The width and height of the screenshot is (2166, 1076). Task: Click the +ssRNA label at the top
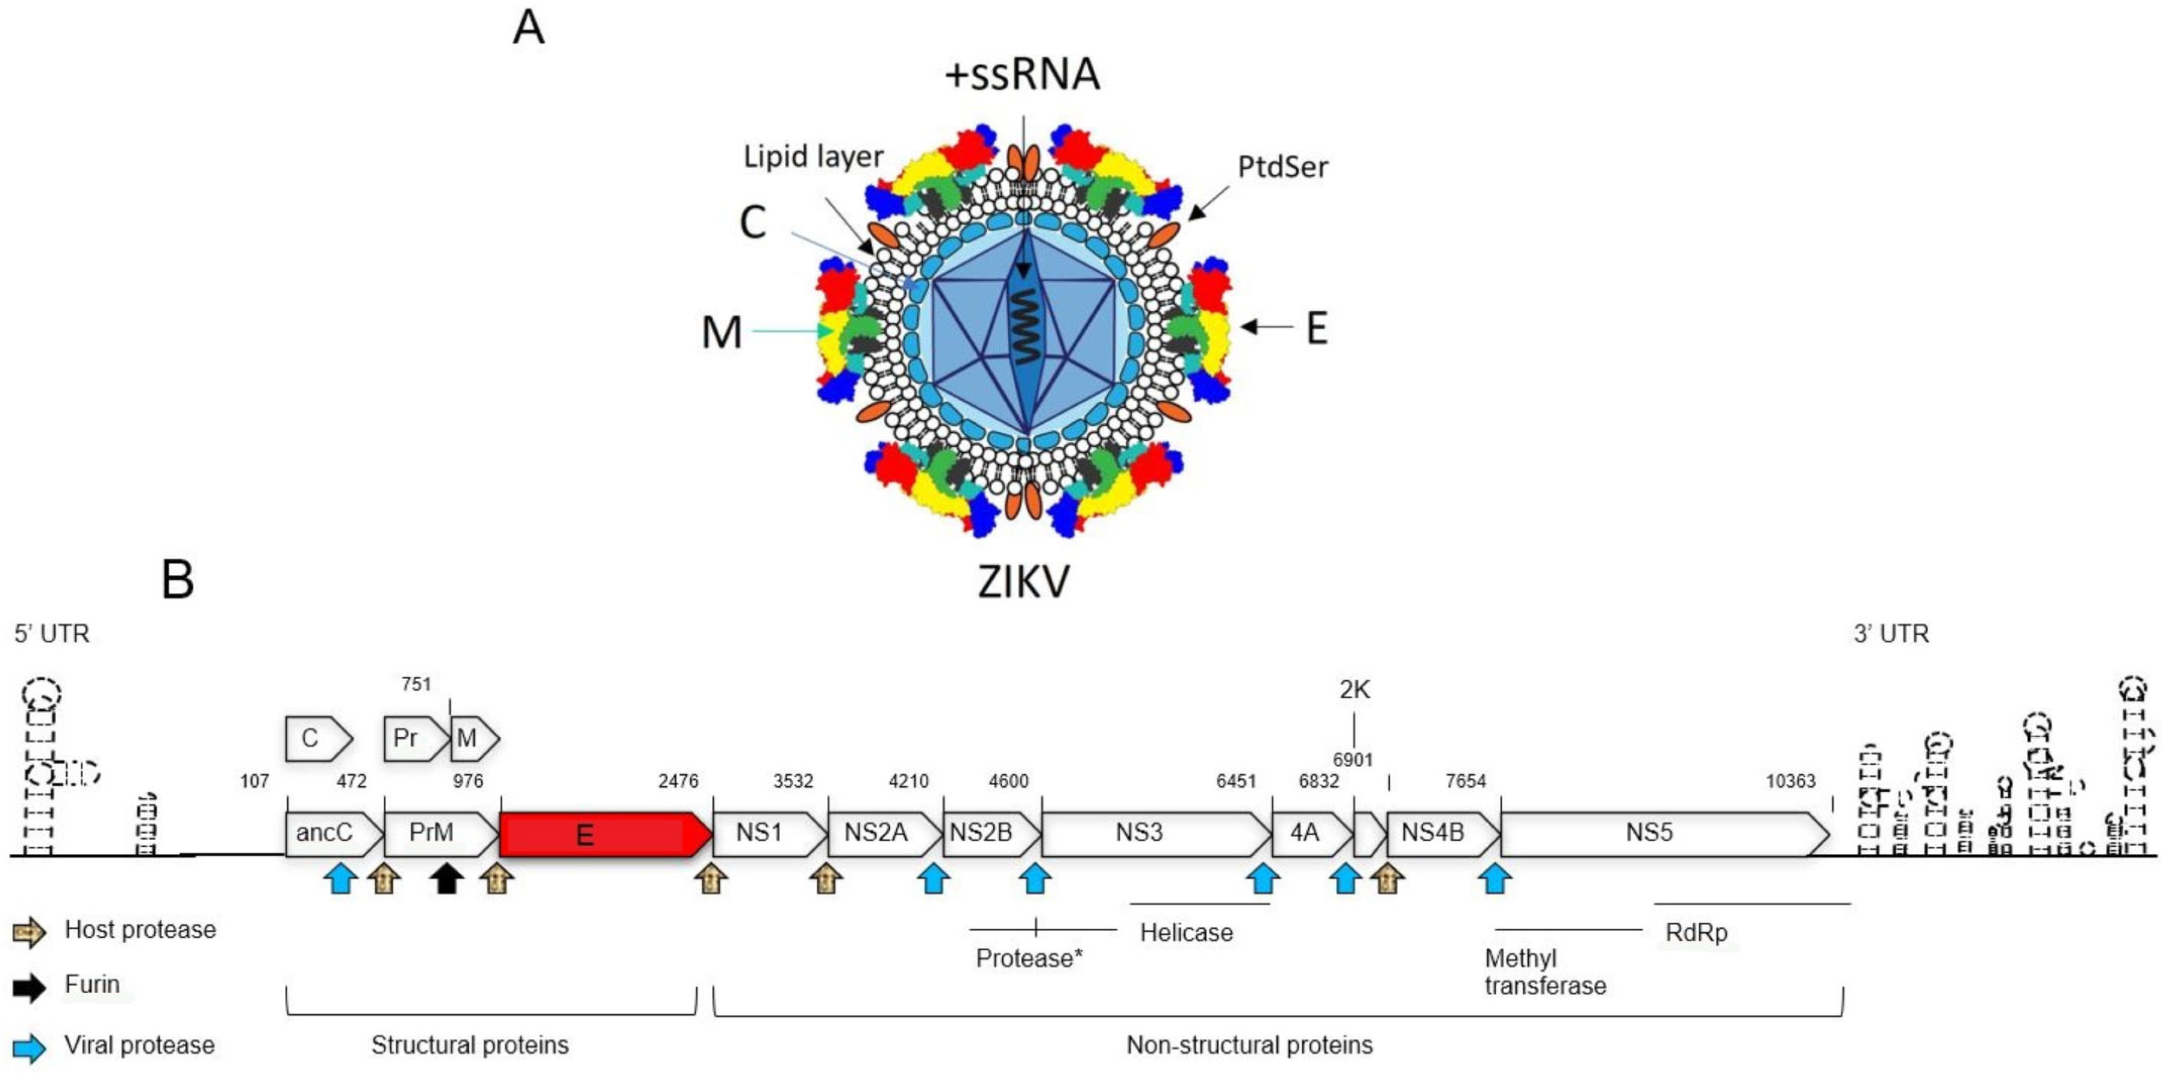tap(1022, 74)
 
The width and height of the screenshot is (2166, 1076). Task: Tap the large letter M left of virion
tap(721, 333)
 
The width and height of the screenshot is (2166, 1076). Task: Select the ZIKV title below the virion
tap(1023, 581)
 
